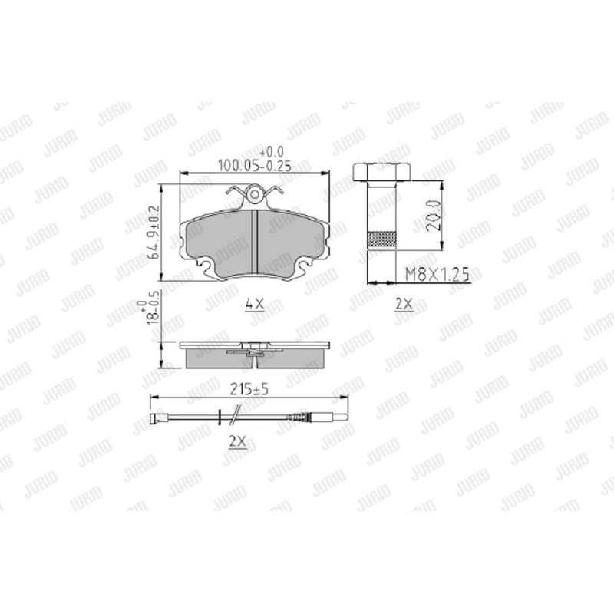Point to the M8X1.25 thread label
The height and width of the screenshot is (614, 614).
(436, 272)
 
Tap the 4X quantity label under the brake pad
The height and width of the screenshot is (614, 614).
(254, 304)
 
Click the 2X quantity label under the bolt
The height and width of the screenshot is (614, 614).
(402, 304)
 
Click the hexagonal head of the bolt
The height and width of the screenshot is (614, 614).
(381, 171)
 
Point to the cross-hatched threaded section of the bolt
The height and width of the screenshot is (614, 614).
(381, 239)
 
